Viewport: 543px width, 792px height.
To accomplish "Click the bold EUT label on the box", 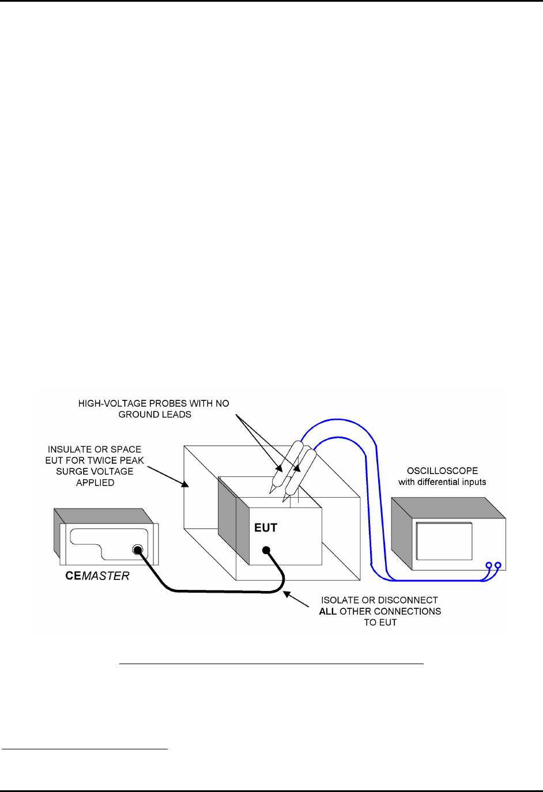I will point(266,528).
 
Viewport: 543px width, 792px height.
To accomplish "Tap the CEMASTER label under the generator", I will point(97,576).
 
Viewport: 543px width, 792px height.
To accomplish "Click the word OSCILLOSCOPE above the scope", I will point(442,471).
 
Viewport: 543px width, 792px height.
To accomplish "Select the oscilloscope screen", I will point(444,541).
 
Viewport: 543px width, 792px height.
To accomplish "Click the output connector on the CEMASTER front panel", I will point(137,550).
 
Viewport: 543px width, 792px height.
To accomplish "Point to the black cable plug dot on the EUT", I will point(266,551).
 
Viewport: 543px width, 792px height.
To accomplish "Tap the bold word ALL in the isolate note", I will point(327,611).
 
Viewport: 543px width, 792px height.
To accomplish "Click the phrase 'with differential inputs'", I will point(442,482).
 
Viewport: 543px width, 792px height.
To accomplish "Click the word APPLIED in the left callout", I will point(95,483).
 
